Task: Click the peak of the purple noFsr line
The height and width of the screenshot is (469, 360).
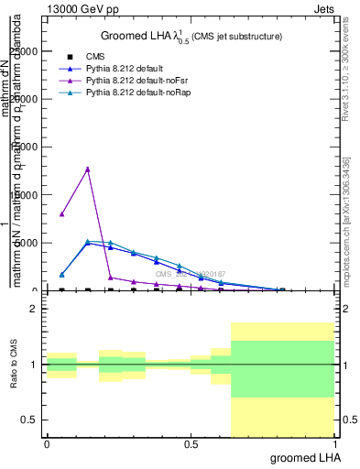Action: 88,169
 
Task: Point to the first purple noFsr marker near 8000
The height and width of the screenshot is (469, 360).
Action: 61,214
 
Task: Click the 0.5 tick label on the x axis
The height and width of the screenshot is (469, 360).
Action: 191,443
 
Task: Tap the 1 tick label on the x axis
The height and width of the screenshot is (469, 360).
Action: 336,443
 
